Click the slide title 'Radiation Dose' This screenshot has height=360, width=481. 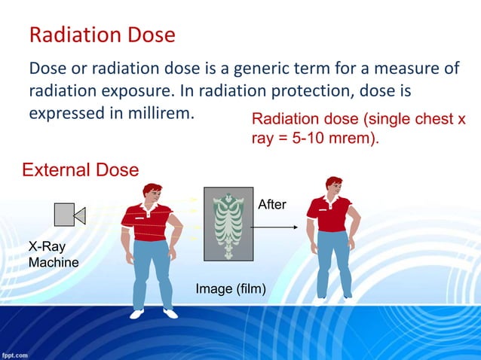point(102,35)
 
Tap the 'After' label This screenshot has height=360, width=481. point(271,204)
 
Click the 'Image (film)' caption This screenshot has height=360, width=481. point(230,288)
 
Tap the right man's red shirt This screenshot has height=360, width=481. point(329,214)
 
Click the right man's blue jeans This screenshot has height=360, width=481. point(332,260)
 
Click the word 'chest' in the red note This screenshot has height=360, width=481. point(427,120)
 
